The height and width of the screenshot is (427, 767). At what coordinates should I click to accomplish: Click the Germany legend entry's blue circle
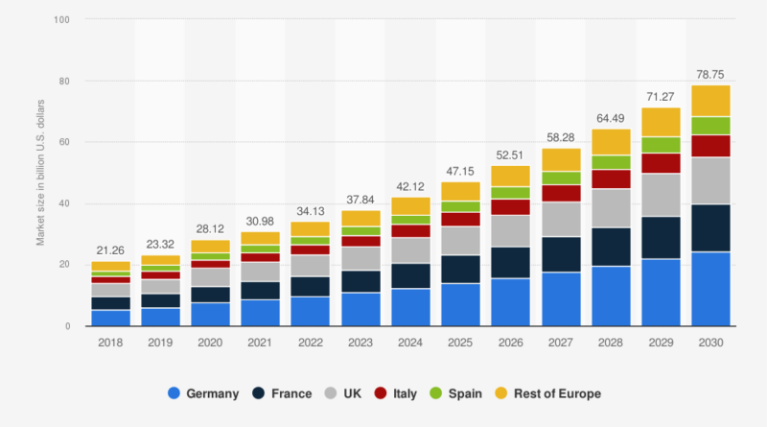(x=173, y=392)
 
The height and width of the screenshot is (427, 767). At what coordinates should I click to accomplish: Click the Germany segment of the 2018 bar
(x=111, y=318)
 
